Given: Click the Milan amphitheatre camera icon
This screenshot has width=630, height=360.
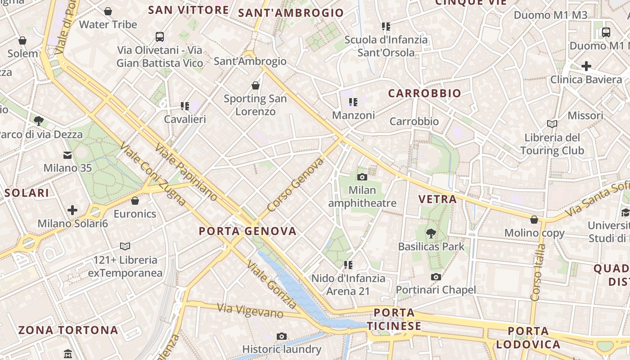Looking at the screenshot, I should [x=362, y=177].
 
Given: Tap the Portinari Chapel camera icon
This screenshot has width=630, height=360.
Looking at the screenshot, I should [x=436, y=277].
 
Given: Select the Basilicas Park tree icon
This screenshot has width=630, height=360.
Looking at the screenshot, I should [x=431, y=233].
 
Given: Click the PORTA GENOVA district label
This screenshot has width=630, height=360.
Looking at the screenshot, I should [x=248, y=231].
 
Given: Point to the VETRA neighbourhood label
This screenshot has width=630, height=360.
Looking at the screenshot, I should [x=437, y=199].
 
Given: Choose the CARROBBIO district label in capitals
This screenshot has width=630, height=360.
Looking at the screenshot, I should [x=424, y=93].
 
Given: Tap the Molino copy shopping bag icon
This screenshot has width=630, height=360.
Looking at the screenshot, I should [x=534, y=220].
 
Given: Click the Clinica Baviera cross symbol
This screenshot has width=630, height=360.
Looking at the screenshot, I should [x=586, y=67].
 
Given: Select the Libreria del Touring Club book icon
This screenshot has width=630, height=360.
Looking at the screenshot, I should [x=552, y=124].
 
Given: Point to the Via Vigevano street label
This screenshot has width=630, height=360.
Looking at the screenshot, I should [x=250, y=310].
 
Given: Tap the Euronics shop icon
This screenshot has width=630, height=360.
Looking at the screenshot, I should [x=135, y=201].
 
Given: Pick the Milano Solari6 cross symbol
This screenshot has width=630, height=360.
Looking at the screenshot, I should [x=72, y=210].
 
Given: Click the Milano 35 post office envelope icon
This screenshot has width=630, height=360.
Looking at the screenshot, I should [x=67, y=155].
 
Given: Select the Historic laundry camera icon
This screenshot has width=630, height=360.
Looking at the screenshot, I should [x=282, y=336].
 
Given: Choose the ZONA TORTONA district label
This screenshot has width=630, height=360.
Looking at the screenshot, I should [x=68, y=330].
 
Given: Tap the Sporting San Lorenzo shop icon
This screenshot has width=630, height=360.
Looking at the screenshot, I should [x=256, y=85].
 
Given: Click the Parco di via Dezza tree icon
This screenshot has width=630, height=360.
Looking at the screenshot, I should [x=39, y=121].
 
